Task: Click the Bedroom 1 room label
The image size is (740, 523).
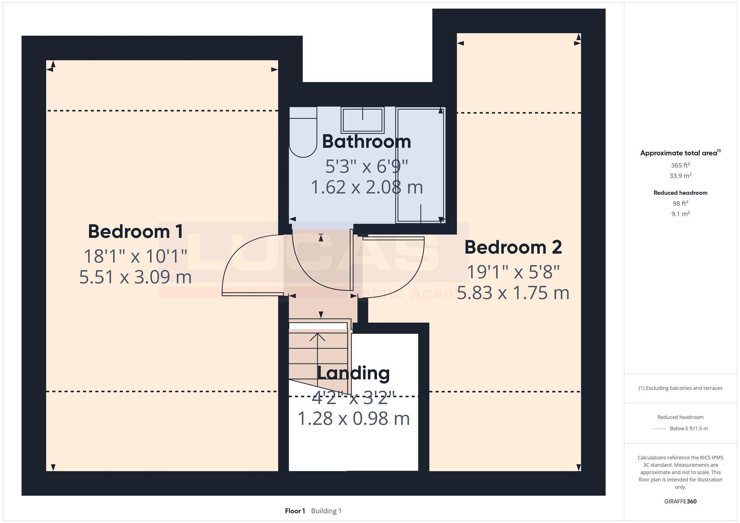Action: pyautogui.click(x=135, y=232)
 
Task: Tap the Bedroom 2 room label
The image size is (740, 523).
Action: pyautogui.click(x=513, y=247)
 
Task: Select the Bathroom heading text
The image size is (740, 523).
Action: pyautogui.click(x=366, y=142)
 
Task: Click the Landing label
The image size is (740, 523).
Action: pyautogui.click(x=353, y=373)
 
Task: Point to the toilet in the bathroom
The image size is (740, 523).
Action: pyautogui.click(x=303, y=133)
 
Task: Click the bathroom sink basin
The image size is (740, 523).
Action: pyautogui.click(x=362, y=120)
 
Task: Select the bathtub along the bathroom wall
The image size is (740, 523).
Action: pyautogui.click(x=420, y=164)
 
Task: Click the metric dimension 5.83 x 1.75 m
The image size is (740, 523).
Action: pyautogui.click(x=513, y=293)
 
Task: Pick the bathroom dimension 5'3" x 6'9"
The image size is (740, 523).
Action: pyautogui.click(x=366, y=167)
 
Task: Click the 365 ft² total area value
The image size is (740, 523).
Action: pyautogui.click(x=680, y=166)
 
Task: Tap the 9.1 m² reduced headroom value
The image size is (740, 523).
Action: pyautogui.click(x=680, y=214)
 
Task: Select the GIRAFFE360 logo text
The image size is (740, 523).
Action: pyautogui.click(x=680, y=502)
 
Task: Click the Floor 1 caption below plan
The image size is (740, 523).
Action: pyautogui.click(x=295, y=511)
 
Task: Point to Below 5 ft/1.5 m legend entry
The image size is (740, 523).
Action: pyautogui.click(x=688, y=429)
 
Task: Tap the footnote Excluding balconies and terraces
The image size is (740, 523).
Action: pyautogui.click(x=680, y=388)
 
